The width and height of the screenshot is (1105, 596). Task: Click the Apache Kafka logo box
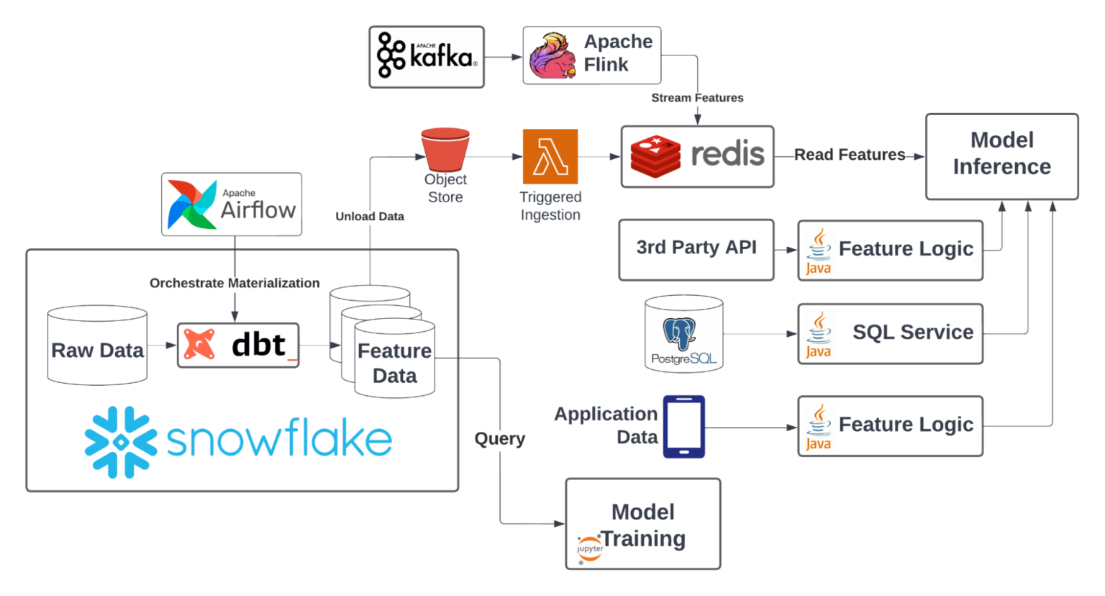tap(427, 57)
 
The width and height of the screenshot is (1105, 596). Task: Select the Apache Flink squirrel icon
tap(552, 56)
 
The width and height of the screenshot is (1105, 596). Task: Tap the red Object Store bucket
tap(445, 149)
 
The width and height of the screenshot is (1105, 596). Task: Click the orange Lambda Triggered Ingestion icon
tap(550, 157)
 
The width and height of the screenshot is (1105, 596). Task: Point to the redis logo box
tap(697, 157)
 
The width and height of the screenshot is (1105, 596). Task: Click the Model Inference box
tap(1001, 156)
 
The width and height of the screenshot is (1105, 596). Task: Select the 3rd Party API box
tap(696, 249)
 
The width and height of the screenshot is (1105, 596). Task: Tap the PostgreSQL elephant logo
tap(680, 333)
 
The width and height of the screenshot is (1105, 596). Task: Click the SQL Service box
tap(890, 333)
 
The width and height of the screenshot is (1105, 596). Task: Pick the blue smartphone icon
tap(683, 426)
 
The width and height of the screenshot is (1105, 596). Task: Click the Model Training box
tap(643, 524)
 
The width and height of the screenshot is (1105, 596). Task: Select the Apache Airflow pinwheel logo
tap(191, 204)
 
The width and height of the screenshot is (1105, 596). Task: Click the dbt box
tap(238, 346)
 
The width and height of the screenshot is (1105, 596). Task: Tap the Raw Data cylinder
tap(97, 346)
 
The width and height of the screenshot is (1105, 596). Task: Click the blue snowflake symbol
tap(121, 442)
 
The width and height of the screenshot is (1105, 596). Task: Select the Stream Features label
tap(697, 98)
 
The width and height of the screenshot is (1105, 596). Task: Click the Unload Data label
tap(370, 216)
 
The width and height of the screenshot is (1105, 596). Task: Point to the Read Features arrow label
tap(849, 155)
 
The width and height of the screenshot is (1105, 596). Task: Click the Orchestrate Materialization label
tap(235, 283)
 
